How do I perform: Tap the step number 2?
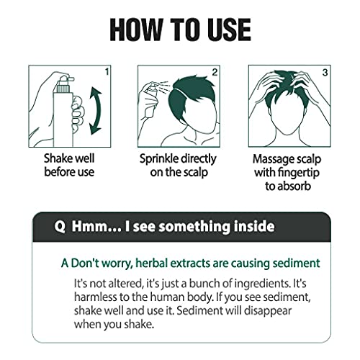click(214, 72)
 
